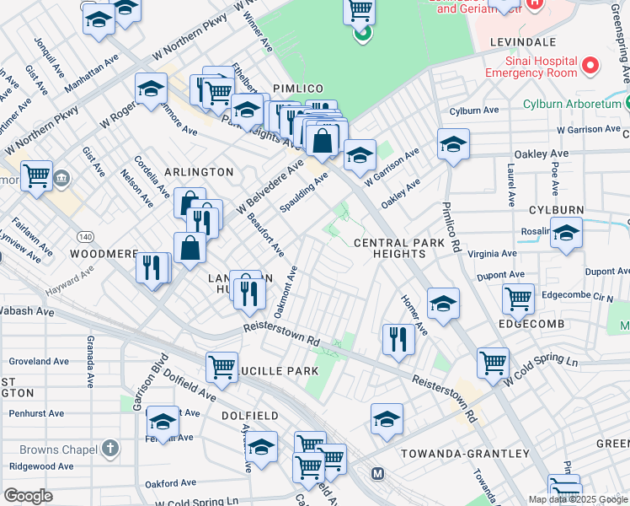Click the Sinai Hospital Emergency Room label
point(531,67)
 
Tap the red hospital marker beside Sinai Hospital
point(590,65)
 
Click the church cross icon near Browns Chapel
point(110,449)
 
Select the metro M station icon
point(376,474)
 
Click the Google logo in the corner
point(28,496)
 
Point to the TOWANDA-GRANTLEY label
point(464,454)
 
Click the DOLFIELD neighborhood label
point(249,416)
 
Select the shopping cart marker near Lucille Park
point(222,367)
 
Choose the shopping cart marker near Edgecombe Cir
point(518,297)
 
